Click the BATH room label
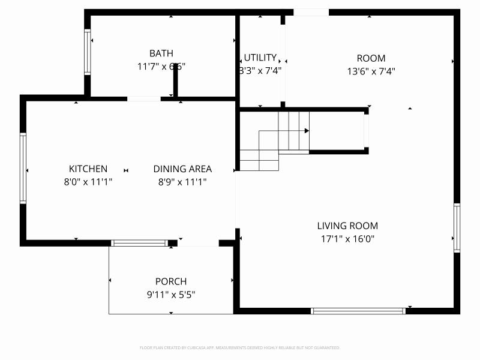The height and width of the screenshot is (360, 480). point(161,53)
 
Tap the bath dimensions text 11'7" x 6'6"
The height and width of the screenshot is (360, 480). point(161,67)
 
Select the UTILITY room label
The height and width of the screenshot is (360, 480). point(260,58)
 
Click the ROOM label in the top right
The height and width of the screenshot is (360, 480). point(371,58)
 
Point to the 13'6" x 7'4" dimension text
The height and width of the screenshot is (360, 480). point(371,71)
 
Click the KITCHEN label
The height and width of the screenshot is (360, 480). point(88,169)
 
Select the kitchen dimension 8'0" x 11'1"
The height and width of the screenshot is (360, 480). point(88,182)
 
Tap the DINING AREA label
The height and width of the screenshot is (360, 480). point(182,169)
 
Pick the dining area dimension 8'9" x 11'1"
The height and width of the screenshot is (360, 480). point(182,182)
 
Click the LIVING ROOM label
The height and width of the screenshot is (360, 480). point(347,226)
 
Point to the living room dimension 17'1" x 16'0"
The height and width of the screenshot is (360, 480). point(347,239)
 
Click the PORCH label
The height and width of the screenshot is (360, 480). point(171,281)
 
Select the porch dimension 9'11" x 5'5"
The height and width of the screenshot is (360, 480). point(171,295)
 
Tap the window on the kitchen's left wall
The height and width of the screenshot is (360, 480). point(23,168)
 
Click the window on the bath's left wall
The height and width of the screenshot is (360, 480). point(88,52)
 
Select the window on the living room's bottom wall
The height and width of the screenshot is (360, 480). point(358,311)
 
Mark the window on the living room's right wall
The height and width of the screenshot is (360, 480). point(457,228)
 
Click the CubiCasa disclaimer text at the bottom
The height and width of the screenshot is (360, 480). point(240,347)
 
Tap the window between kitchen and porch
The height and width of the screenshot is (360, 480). point(140,243)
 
